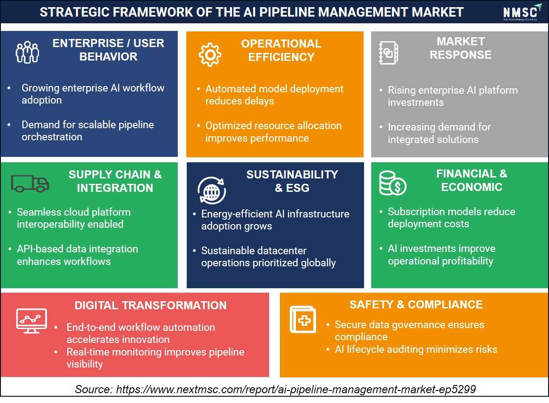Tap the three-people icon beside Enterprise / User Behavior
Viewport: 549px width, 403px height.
tap(27, 52)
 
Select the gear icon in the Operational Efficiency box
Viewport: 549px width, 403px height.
tap(210, 54)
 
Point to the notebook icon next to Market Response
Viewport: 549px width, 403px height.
tap(388, 53)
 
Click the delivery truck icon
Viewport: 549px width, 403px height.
tap(30, 183)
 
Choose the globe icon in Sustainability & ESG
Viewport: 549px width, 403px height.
tap(212, 191)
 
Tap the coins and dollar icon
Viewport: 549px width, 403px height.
tap(393, 183)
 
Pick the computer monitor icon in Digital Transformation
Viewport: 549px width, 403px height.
tap(32, 321)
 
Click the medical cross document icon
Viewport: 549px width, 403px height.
tap(303, 319)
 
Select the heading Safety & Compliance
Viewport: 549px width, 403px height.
tap(416, 305)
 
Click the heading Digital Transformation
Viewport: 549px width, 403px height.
tap(150, 305)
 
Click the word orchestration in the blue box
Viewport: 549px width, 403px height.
tap(52, 137)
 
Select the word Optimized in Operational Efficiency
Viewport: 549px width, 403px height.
tap(228, 126)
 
